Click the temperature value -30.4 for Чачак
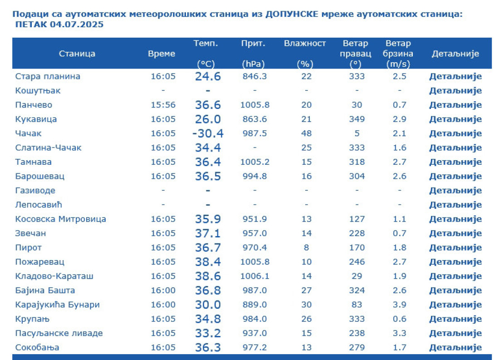[208, 133]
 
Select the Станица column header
[77, 54]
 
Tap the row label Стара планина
[48, 76]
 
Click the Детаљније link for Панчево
[455, 105]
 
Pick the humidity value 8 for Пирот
[307, 247]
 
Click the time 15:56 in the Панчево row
[163, 105]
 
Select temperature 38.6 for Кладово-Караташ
[208, 276]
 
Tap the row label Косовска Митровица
[61, 219]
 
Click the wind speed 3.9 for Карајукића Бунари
[399, 305]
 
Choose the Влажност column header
[305, 44]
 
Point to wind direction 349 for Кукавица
[357, 119]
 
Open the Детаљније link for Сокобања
[455, 348]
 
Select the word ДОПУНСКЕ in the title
[295, 14]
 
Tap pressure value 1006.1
[255, 276]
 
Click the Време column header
[161, 54]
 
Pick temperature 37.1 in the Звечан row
[208, 233]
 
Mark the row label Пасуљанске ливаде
[59, 333]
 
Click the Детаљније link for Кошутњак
[455, 91]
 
